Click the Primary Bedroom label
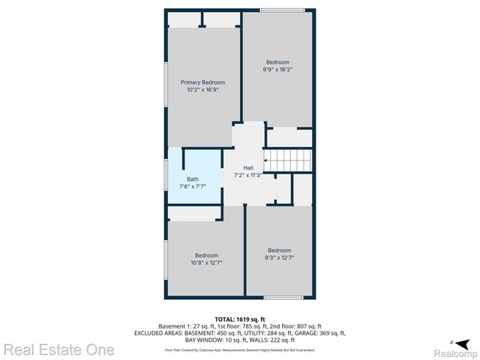pos(202,82)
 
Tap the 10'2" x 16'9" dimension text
pos(202,90)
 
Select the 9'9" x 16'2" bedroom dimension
pos(277,70)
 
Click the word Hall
pos(248,168)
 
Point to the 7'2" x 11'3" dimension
pos(248,175)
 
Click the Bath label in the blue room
pos(193,179)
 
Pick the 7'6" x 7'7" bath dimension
pos(193,187)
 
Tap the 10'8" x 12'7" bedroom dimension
pos(206,262)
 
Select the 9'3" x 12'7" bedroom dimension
pos(279,258)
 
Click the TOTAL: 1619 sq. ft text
pos(239,319)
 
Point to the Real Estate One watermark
pos(58,349)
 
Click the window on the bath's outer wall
pos(166,180)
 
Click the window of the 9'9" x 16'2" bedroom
pos(277,10)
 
